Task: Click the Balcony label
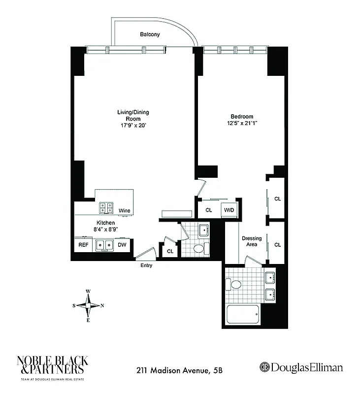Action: coord(150,34)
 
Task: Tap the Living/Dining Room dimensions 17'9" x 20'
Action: coord(132,126)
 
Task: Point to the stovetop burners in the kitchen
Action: coord(105,208)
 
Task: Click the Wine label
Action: coord(125,211)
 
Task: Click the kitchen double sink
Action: coord(104,244)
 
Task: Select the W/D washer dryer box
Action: coord(229,210)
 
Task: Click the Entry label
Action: coord(146,265)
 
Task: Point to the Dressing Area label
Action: coord(252,241)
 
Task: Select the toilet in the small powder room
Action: coord(199,249)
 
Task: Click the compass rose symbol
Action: coord(88,305)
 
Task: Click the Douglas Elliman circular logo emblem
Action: coord(264,368)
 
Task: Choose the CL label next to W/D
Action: coord(208,210)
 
